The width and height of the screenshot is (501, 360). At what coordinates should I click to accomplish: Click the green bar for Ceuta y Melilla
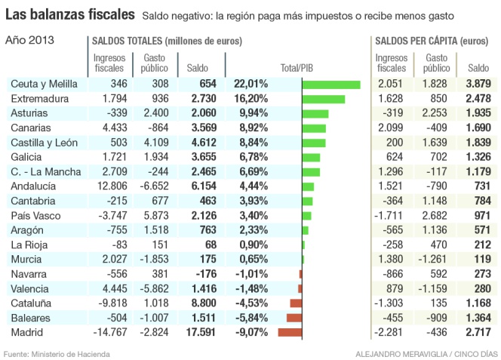coord(331,85)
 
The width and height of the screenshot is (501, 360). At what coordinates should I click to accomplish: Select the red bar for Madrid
coord(290,332)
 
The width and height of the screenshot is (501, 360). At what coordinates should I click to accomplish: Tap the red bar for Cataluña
coord(295,303)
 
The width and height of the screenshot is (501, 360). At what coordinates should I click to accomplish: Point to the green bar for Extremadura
coord(323,99)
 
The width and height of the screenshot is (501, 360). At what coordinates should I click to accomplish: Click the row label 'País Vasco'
coord(31,216)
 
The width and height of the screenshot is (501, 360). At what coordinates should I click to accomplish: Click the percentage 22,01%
coord(250,85)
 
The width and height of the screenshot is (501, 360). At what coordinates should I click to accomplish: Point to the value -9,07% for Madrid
coord(250,332)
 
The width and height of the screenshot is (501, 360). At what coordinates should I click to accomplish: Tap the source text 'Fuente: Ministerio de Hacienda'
coord(57,353)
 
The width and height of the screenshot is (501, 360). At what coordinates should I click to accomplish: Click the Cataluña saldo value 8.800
coord(203,303)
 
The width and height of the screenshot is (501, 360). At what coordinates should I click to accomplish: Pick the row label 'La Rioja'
coord(26,245)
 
